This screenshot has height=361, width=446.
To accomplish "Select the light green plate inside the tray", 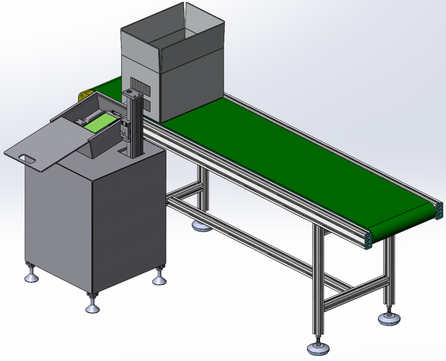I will (100, 121).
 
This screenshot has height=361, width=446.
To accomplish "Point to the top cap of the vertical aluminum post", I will (133, 93).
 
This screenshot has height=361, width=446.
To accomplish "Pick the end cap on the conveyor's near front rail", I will (369, 239).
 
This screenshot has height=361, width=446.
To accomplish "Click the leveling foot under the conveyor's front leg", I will (318, 348).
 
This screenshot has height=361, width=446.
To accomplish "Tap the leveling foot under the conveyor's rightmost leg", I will (388, 319).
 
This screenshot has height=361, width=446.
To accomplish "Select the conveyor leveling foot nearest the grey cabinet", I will (201, 226).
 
